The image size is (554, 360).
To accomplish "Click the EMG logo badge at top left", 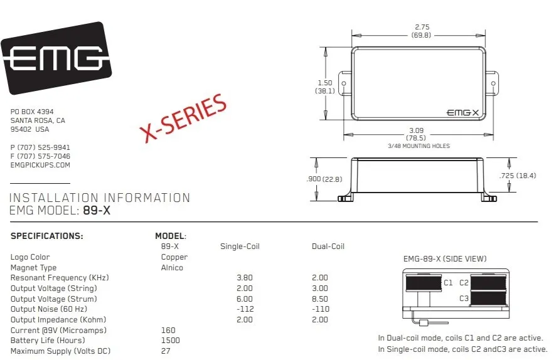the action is (56, 58).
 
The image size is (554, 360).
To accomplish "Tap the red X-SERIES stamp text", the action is (183, 118).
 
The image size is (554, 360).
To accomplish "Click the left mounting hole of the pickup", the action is (344, 84).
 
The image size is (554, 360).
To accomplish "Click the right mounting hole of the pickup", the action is (494, 84).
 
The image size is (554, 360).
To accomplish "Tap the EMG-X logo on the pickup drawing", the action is (463, 113).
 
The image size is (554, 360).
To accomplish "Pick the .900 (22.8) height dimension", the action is (324, 179).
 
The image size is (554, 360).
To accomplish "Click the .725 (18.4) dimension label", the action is (518, 176).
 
